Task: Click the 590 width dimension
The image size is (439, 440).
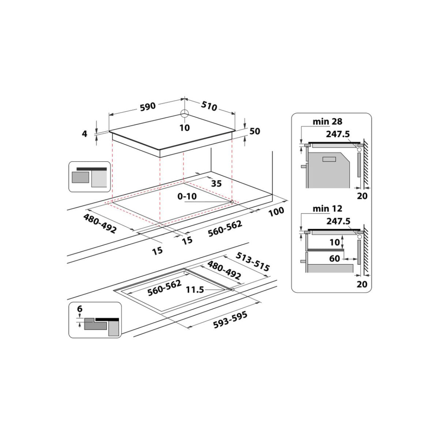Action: [148, 107]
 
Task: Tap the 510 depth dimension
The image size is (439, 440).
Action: [209, 106]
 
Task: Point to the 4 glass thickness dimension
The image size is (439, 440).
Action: [85, 134]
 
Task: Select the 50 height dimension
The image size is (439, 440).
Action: [255, 131]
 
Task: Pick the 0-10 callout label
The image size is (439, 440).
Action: [187, 196]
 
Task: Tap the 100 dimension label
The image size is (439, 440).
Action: [276, 212]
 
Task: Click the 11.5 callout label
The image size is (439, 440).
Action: [195, 290]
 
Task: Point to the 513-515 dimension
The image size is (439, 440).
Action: [253, 262]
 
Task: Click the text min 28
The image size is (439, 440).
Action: [327, 121]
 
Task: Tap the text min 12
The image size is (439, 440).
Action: [327, 208]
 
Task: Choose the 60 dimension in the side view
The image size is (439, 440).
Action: [335, 258]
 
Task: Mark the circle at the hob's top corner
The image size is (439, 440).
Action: [184, 113]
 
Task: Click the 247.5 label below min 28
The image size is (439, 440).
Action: [338, 134]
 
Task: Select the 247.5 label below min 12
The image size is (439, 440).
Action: [338, 221]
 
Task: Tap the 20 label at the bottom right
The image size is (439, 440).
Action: [362, 284]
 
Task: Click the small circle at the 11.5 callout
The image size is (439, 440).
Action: [232, 290]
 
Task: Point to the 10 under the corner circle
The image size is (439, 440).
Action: [184, 128]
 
